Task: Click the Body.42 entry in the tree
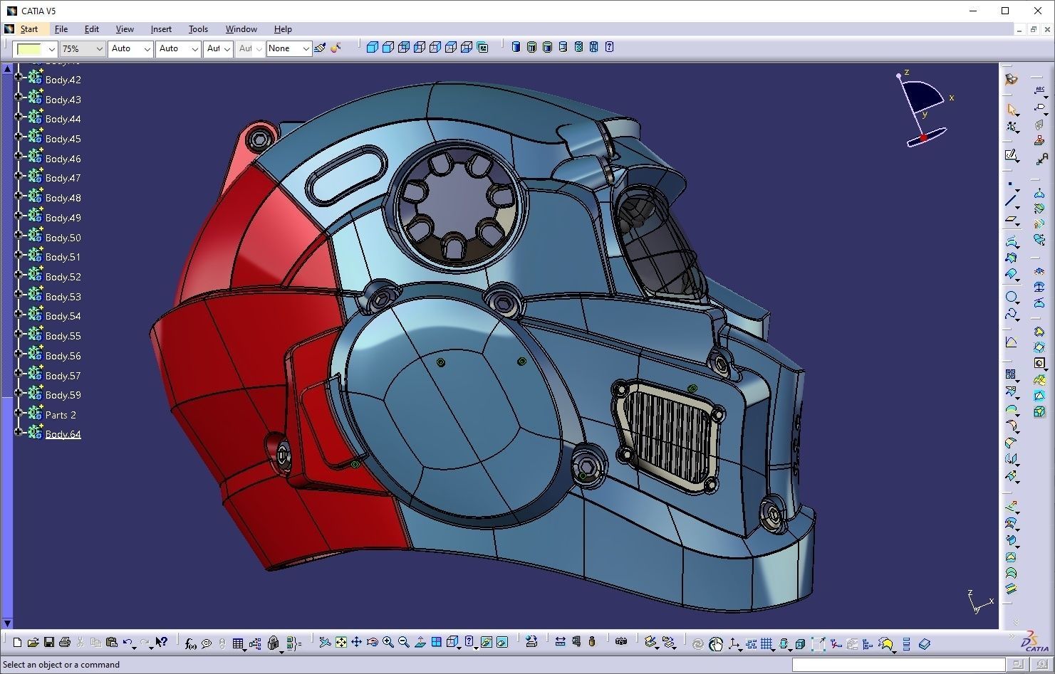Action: click(63, 80)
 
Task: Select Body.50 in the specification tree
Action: click(63, 238)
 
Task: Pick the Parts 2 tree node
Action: click(61, 415)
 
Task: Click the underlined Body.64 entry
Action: click(63, 434)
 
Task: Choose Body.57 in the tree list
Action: click(63, 376)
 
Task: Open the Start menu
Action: click(29, 29)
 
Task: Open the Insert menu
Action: click(161, 29)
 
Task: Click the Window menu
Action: click(241, 29)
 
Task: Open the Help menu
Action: click(283, 29)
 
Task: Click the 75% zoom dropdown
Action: click(82, 48)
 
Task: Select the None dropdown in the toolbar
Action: click(289, 48)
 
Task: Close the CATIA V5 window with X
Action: click(1038, 11)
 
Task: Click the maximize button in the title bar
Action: click(1005, 11)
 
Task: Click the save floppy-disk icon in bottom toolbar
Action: click(49, 643)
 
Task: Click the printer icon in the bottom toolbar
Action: click(65, 643)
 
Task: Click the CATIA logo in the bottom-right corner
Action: click(1035, 643)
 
